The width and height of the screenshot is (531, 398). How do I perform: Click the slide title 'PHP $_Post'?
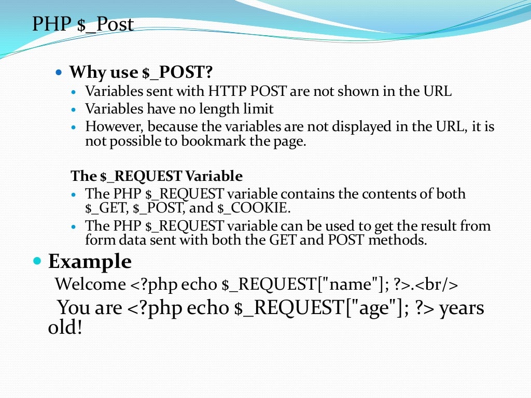click(83, 24)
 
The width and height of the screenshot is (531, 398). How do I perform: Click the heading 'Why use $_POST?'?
click(142, 72)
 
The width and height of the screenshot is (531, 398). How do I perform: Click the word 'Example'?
click(90, 261)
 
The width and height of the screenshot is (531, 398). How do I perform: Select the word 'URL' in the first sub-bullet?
click(437, 92)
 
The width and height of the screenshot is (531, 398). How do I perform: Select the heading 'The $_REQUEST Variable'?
click(157, 176)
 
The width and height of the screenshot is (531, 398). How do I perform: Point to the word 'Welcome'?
click(91, 284)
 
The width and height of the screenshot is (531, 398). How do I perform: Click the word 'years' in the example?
click(462, 308)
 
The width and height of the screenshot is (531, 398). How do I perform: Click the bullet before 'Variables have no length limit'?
click(74, 109)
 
